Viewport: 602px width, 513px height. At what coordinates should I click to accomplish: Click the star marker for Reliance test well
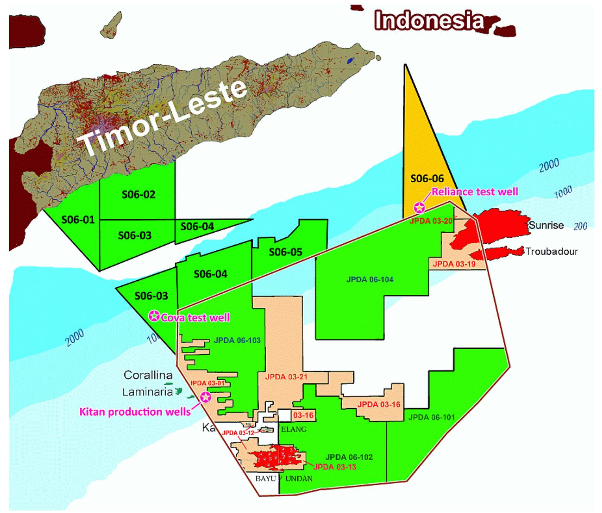pyautogui.click(x=419, y=207)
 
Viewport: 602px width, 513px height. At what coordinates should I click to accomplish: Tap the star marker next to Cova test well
pyautogui.click(x=155, y=316)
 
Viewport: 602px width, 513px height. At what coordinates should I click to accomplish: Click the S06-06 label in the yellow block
pyautogui.click(x=427, y=179)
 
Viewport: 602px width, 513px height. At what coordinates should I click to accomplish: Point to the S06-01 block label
pyautogui.click(x=78, y=219)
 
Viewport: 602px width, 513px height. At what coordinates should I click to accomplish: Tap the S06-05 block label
pyautogui.click(x=285, y=252)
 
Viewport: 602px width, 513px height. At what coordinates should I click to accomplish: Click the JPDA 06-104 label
pyautogui.click(x=370, y=279)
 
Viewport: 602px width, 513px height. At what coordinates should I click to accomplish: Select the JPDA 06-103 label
pyautogui.click(x=237, y=340)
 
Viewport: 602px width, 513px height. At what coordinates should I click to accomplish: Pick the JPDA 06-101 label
pyautogui.click(x=431, y=417)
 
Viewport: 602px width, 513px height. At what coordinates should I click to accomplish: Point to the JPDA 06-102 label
pyautogui.click(x=349, y=457)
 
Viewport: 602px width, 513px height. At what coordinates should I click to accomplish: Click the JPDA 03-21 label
pyautogui.click(x=286, y=377)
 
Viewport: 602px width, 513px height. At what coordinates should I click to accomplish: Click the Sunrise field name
pyautogui.click(x=546, y=225)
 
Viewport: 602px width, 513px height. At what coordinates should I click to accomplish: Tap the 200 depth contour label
pyautogui.click(x=580, y=226)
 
